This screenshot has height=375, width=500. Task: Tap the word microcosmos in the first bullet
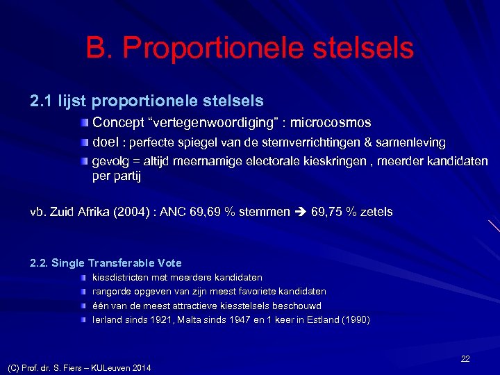pos(331,123)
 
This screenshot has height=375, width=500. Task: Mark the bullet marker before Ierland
pos(83,320)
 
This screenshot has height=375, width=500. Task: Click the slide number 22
pos(465,358)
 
